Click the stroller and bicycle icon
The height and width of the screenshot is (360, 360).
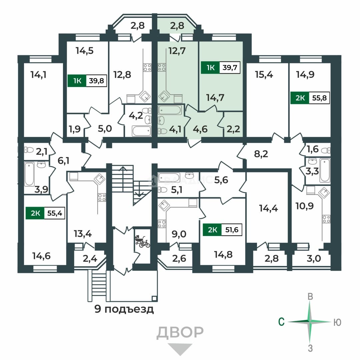pos(142,241)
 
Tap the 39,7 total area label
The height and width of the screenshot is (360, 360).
pos(230,67)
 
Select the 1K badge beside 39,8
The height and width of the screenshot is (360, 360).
pos(77,81)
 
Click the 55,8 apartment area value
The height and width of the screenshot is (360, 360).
pos(319,98)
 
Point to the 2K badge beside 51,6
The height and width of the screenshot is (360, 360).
pos(212,230)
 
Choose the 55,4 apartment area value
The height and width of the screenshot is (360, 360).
pos(55,213)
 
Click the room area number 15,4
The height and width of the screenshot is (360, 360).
pos(264,75)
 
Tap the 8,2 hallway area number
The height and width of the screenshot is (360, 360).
pos(261,154)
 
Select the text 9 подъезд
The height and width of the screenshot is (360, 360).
pos(124,309)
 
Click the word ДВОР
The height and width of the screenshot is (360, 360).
pos(180,332)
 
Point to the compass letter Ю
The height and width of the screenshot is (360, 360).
pos(337,323)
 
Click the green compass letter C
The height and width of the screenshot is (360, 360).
pos(281,322)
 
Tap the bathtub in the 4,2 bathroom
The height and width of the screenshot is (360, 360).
pos(141,131)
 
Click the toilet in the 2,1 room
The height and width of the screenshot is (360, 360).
pos(29,150)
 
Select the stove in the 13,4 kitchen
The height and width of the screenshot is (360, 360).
pos(102,197)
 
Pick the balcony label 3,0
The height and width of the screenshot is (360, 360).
pos(314,259)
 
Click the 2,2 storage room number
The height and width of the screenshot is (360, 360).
pos(233,129)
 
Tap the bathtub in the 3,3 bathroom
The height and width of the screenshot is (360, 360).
pos(325,170)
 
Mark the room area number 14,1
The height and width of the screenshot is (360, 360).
pos(38,75)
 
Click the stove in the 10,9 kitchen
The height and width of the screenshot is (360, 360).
pos(326,219)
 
